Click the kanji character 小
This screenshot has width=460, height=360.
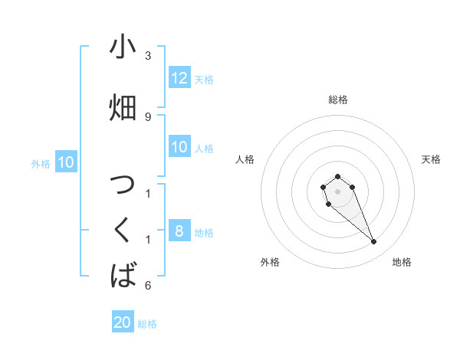(x=123, y=47)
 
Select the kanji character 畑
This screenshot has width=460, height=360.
(x=123, y=108)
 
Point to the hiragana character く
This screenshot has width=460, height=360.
(x=123, y=229)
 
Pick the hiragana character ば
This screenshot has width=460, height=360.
(x=123, y=275)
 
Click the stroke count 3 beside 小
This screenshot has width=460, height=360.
(x=148, y=56)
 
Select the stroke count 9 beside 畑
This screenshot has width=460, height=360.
(x=148, y=116)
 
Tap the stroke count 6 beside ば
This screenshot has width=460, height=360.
(x=148, y=286)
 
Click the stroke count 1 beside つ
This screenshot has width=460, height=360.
(x=148, y=192)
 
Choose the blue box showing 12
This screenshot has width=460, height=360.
(x=179, y=78)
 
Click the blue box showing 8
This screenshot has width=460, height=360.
(x=179, y=231)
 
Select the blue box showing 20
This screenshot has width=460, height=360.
(x=123, y=322)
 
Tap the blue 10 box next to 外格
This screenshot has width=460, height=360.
(x=66, y=162)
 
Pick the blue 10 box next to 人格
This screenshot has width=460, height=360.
(x=179, y=147)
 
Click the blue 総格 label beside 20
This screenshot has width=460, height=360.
(x=148, y=324)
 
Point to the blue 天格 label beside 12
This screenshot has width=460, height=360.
(x=204, y=80)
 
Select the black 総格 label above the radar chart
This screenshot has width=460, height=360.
(x=338, y=100)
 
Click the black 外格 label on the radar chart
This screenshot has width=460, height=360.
(x=270, y=262)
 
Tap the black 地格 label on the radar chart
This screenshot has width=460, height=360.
(x=402, y=262)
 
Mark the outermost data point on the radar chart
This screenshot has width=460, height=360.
(x=374, y=242)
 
